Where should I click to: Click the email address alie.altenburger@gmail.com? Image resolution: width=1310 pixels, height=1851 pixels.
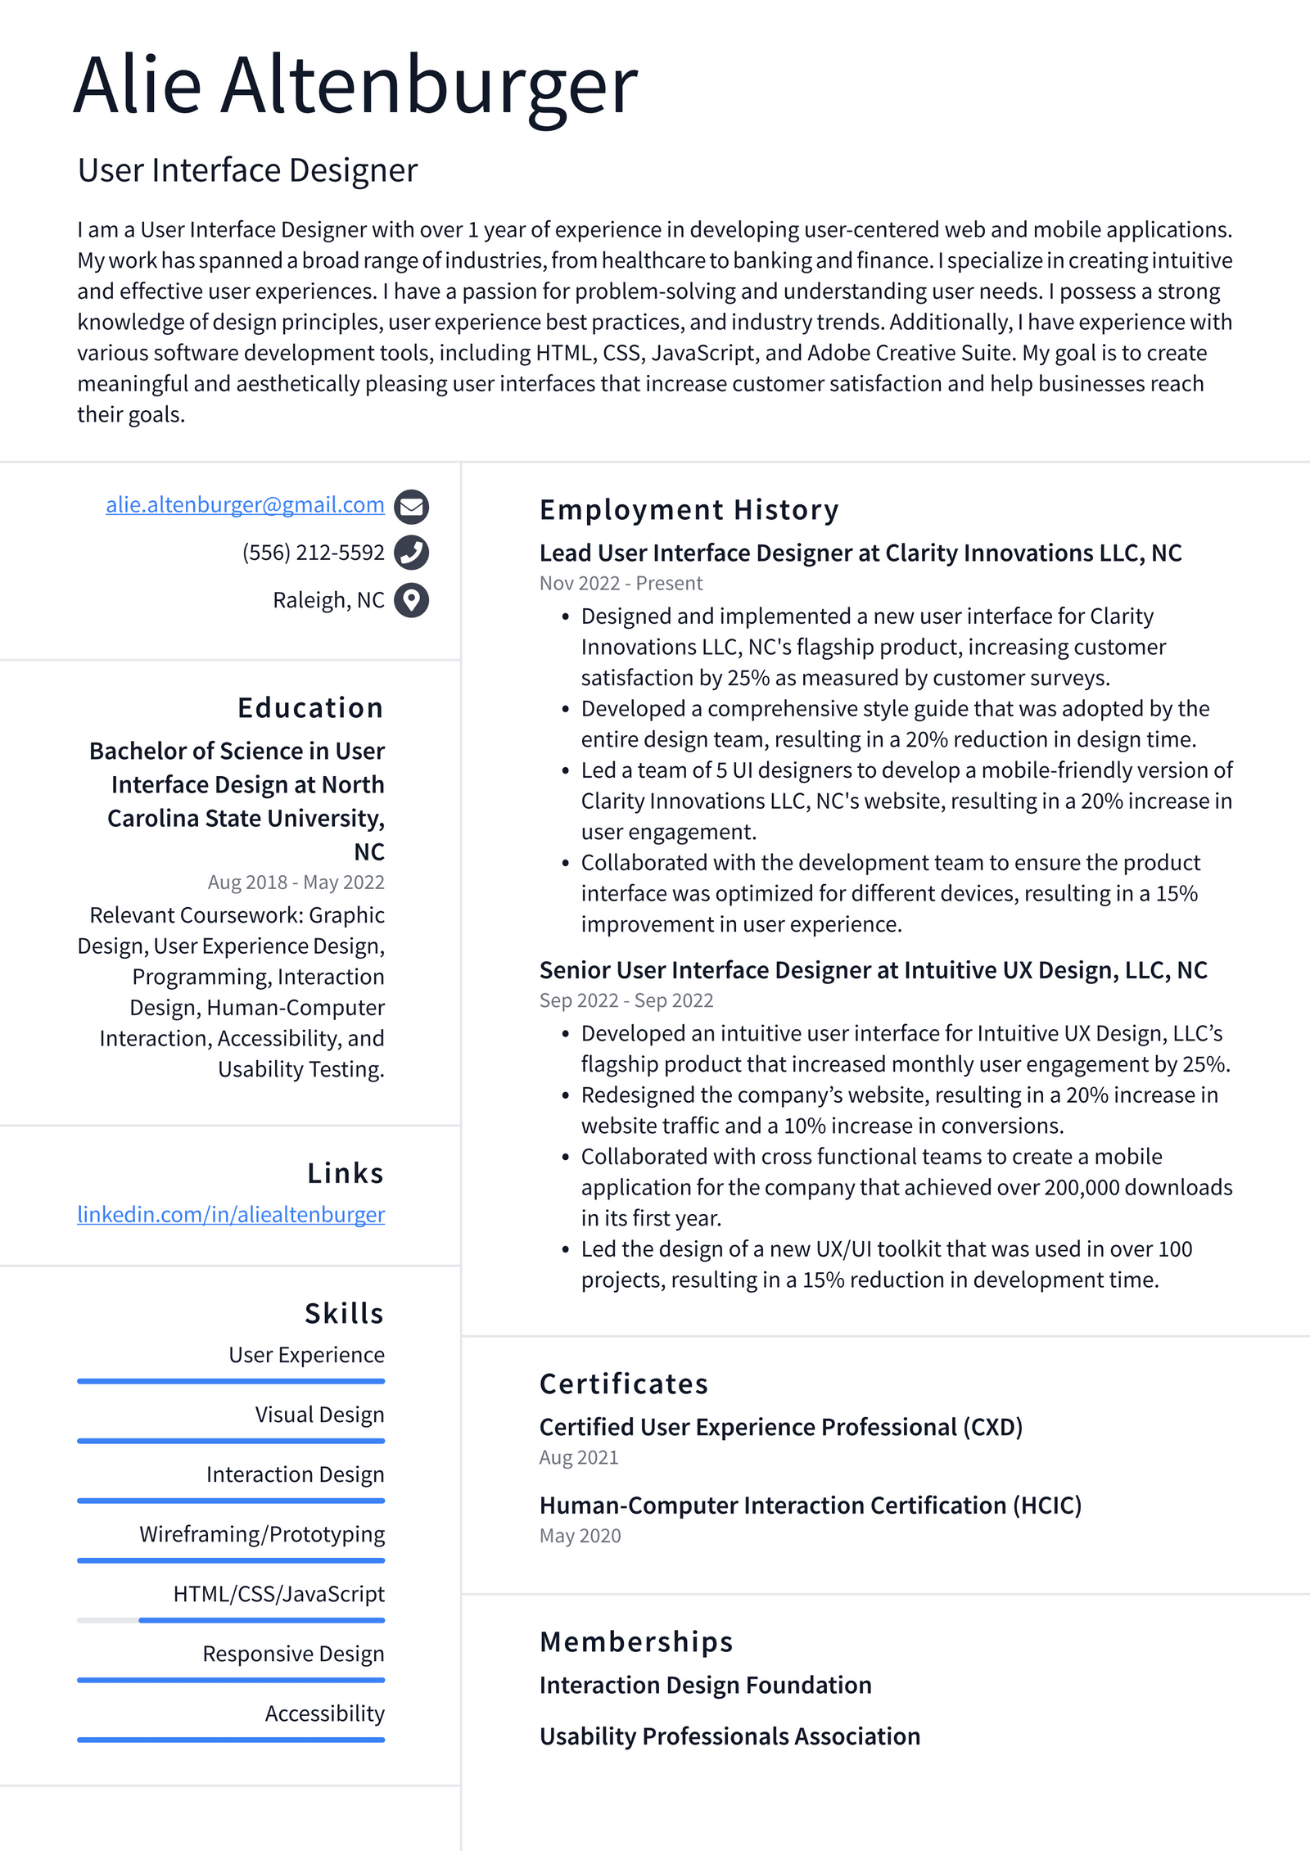(245, 505)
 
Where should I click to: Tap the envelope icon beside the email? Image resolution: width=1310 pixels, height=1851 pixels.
(411, 507)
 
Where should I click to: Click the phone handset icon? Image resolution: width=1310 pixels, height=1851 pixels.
(411, 553)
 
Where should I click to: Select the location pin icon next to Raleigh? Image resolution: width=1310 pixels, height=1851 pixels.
(411, 600)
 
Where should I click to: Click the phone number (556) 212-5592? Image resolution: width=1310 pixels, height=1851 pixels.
(313, 553)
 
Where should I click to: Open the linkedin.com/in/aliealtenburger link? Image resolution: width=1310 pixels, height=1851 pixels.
(231, 1214)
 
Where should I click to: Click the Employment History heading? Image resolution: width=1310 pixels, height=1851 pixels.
(689, 510)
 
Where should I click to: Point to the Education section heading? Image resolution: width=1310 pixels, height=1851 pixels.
(310, 708)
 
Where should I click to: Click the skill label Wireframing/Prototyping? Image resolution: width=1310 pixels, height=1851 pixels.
(262, 1534)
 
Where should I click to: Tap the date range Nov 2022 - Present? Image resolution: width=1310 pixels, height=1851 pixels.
(621, 584)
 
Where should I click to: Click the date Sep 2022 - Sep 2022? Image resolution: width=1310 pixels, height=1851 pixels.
(626, 1000)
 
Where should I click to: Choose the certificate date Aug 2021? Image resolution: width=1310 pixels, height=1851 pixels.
(578, 1457)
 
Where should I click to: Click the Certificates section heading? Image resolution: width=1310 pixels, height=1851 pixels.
(623, 1384)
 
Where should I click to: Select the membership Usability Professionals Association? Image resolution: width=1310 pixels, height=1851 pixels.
(730, 1736)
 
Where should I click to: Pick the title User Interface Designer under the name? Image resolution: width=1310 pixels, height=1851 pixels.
(247, 170)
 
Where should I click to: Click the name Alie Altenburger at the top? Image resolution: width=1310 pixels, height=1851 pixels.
(355, 85)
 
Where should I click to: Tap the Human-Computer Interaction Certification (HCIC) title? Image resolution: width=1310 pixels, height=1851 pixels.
(810, 1505)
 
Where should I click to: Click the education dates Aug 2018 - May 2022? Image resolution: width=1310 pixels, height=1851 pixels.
(296, 883)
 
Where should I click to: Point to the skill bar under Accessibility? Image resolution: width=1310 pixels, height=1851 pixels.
(231, 1740)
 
